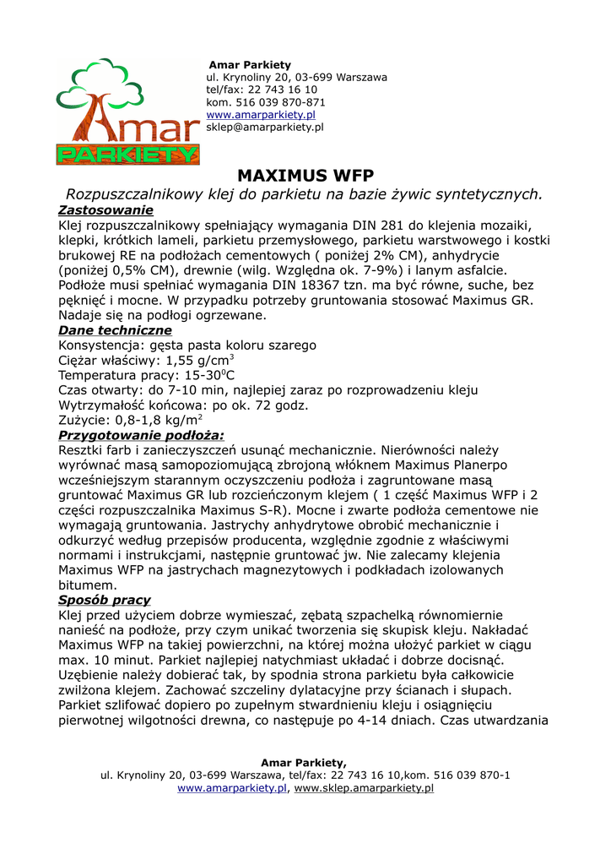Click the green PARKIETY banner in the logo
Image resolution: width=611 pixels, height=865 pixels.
[x=128, y=155]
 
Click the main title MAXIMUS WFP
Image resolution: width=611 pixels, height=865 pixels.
[x=305, y=176]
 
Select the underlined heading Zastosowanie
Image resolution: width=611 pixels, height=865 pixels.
[x=105, y=209]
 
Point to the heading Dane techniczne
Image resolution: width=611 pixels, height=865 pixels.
[x=115, y=330]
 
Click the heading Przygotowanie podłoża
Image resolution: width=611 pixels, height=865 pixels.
[x=141, y=435]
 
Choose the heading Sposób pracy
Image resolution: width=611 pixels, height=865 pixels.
[x=105, y=600]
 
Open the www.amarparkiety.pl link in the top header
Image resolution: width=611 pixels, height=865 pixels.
[x=261, y=114]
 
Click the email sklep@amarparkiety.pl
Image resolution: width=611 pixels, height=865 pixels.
[x=265, y=127]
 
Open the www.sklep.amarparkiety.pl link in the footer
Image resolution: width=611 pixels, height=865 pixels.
[x=364, y=787]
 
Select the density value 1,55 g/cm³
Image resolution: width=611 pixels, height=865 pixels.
[x=200, y=360]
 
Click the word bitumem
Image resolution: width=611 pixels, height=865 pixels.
[x=87, y=585]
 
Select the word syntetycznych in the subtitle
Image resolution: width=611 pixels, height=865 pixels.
[x=481, y=194]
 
